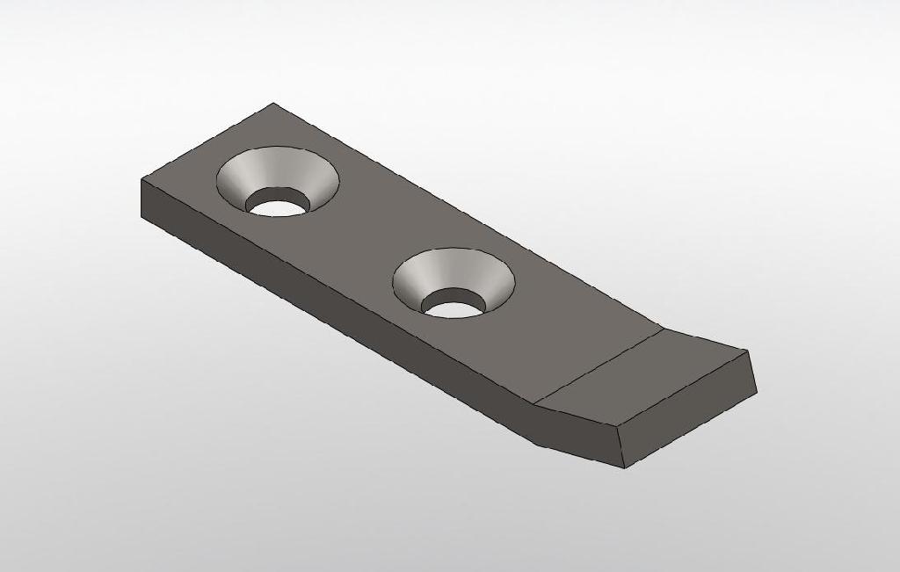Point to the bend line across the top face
click(x=599, y=366)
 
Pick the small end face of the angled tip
click(x=690, y=417)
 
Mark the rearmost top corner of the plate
click(x=272, y=104)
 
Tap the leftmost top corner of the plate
click(x=142, y=179)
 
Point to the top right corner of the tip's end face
click(x=748, y=351)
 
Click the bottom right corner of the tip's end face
click(x=757, y=391)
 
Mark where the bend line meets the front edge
click(x=535, y=406)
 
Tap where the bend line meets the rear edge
click(x=663, y=328)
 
